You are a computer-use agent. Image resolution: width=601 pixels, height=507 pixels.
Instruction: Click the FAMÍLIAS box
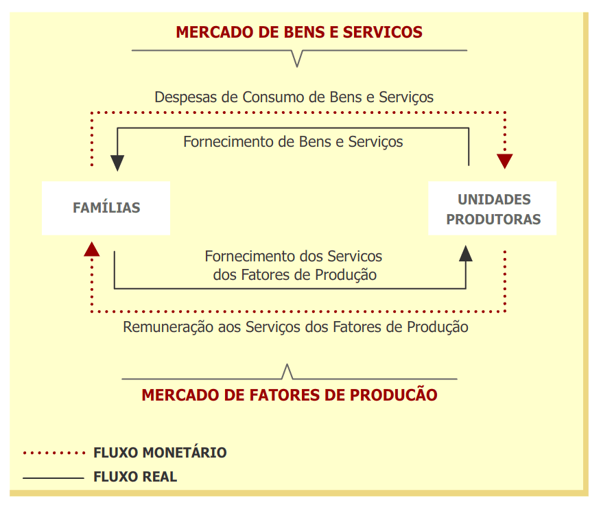[x=106, y=208]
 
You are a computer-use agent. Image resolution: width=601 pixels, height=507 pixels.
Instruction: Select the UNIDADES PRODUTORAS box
[x=493, y=209]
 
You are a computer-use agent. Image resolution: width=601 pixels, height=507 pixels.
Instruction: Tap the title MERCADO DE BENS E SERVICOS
[x=299, y=32]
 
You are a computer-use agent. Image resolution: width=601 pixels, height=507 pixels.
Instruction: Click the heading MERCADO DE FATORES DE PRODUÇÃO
[x=290, y=395]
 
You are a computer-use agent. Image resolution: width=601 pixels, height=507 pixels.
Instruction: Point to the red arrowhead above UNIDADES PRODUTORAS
[x=505, y=161]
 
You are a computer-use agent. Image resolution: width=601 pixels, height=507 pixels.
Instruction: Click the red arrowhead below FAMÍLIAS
[x=91, y=248]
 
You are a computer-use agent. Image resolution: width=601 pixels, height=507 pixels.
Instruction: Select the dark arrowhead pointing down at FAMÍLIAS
[x=117, y=163]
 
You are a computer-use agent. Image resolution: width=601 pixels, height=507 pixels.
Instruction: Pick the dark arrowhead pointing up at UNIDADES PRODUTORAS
[x=466, y=253]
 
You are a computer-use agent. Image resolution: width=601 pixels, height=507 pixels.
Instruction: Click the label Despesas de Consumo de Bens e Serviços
[x=294, y=97]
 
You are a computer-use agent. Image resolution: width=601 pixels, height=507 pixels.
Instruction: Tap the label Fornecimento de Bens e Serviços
[x=293, y=142]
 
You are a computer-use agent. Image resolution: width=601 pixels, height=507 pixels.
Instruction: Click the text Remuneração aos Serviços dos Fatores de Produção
[x=296, y=327]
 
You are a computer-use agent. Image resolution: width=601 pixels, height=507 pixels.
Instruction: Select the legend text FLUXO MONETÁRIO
[x=160, y=453]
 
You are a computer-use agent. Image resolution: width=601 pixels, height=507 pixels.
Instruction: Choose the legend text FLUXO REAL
[x=135, y=477]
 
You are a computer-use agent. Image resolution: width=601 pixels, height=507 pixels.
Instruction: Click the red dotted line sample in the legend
[x=53, y=453]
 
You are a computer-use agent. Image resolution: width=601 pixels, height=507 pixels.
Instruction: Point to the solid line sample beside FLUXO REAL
[x=53, y=477]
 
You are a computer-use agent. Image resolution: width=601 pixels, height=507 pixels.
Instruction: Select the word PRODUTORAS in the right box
[x=493, y=220]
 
